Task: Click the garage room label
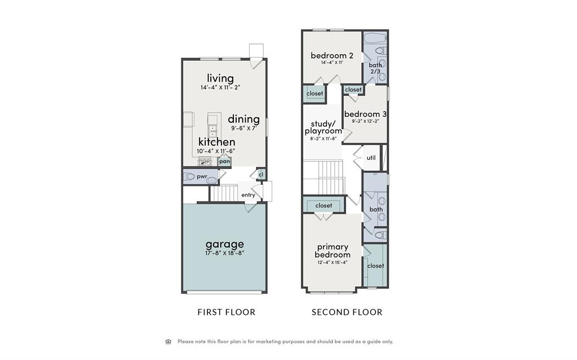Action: click(224, 244)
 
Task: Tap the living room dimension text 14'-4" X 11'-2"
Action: click(220, 88)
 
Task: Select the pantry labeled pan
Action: click(224, 161)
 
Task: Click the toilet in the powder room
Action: click(189, 177)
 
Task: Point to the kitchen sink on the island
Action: click(212, 131)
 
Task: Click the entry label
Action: click(248, 195)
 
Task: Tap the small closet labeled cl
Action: click(261, 175)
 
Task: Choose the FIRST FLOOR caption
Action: click(227, 312)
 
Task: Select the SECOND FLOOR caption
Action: click(347, 312)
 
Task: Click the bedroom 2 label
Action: click(332, 56)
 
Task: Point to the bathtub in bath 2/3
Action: click(375, 38)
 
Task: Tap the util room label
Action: click(371, 158)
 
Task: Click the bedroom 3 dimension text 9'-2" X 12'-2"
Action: click(365, 121)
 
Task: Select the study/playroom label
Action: click(323, 127)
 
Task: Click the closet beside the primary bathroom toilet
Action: click(375, 265)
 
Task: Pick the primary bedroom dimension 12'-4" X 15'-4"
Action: click(332, 263)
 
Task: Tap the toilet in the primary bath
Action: click(380, 234)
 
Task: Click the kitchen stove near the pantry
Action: click(205, 162)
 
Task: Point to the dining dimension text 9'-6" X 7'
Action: click(243, 128)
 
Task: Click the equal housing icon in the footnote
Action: click(168, 341)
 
